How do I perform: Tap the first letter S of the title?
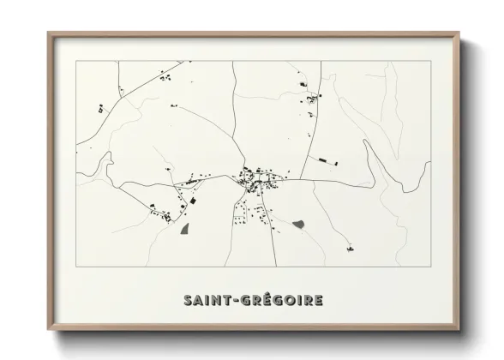coord(188,301)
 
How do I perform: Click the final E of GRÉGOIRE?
coord(318,301)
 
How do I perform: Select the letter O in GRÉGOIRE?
coord(291,301)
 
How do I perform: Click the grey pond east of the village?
coord(298,225)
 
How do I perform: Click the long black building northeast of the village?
coord(325,159)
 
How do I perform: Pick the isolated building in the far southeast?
coord(350,249)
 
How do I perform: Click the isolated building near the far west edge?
coord(100,110)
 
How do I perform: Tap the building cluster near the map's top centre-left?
coord(163,78)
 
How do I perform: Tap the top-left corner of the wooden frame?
coord(49,33)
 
